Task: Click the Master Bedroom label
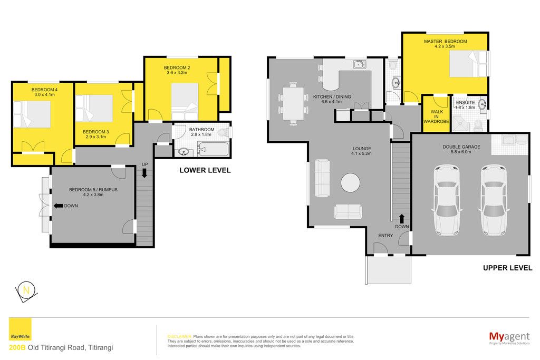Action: (x=445, y=41)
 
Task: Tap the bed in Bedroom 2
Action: (x=185, y=97)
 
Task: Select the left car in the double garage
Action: (x=447, y=200)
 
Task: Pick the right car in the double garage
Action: (x=494, y=200)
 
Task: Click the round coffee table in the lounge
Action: (x=351, y=182)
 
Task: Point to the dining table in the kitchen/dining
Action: (x=293, y=103)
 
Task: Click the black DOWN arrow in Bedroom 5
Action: (x=58, y=206)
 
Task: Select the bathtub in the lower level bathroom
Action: (x=213, y=149)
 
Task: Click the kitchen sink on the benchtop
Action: (x=360, y=64)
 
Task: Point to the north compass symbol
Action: (x=26, y=291)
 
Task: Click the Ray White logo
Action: (x=20, y=329)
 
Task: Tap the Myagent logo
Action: (x=509, y=338)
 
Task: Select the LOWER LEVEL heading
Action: (x=205, y=170)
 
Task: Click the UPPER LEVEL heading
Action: (x=507, y=268)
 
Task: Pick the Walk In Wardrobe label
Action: (x=436, y=116)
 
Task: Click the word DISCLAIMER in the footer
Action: (x=179, y=337)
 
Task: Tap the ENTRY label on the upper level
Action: (x=385, y=236)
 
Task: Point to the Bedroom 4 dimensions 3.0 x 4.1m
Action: (x=44, y=95)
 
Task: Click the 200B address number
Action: (x=17, y=347)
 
